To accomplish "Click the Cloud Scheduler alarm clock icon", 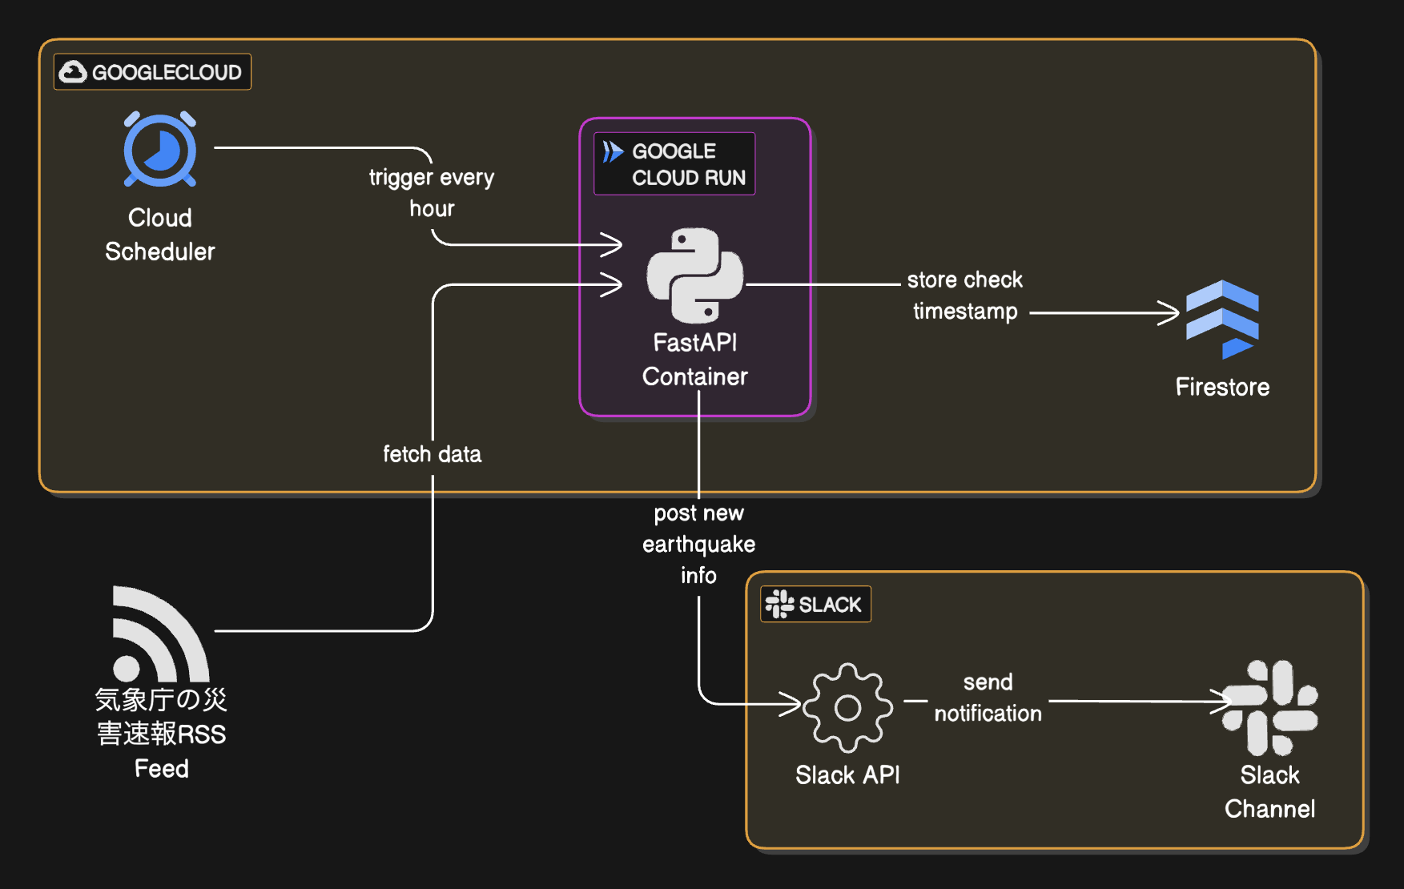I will click(x=160, y=150).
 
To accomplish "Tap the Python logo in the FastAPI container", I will click(x=695, y=275).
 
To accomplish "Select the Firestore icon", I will click(x=1222, y=319).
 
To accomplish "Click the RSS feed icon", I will click(x=160, y=634).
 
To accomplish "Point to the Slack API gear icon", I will click(x=847, y=707).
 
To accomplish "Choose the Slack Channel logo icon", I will click(x=1269, y=707).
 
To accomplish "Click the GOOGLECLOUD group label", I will click(x=152, y=72).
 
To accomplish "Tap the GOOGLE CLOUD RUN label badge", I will click(x=674, y=163).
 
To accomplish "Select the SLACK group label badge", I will click(x=815, y=604).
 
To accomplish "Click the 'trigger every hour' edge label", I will click(x=432, y=192).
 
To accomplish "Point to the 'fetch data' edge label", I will click(x=432, y=454).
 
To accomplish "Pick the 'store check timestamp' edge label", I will click(x=965, y=296).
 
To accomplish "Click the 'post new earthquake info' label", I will click(x=698, y=544).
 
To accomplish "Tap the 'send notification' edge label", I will click(x=988, y=698).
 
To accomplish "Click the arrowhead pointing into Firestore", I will click(x=1171, y=313).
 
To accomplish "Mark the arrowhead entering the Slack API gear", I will click(x=793, y=704).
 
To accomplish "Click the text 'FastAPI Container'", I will click(x=694, y=360).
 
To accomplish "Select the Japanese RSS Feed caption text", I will click(x=161, y=733).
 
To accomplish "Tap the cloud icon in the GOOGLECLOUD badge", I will click(x=74, y=72).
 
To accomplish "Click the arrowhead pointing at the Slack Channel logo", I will click(x=1223, y=702).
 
